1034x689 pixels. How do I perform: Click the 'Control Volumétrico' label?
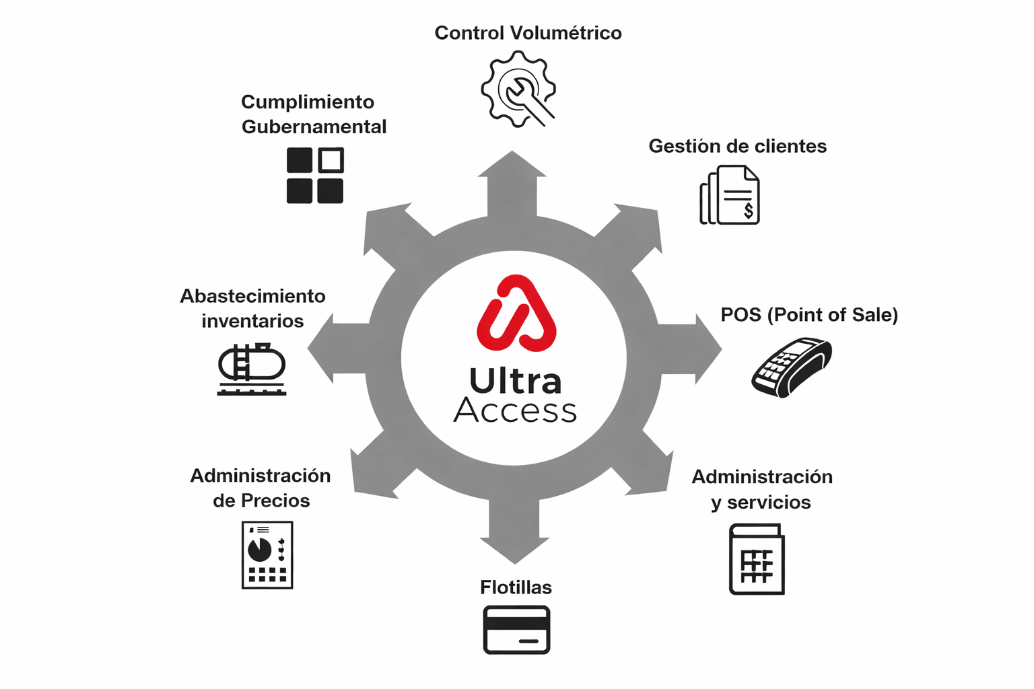pos(528,33)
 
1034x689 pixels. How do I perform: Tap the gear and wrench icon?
pos(518,89)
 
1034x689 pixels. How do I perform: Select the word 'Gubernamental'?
pos(314,126)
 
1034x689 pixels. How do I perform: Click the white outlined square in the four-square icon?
pos(331,160)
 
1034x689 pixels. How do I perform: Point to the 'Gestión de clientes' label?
pos(738,146)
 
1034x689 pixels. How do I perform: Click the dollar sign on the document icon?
pos(749,211)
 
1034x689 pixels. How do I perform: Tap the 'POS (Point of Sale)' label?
pos(809,315)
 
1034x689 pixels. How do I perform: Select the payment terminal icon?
pos(792,368)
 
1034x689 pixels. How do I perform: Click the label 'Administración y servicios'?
pos(762,489)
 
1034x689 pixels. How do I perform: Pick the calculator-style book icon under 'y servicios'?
pos(757,559)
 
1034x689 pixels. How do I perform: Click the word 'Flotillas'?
pos(516,587)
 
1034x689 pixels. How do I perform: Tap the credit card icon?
pos(516,630)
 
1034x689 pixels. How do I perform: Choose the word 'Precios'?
pos(275,501)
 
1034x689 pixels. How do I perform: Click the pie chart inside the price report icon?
pos(259,549)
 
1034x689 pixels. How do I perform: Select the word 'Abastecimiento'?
pos(252,296)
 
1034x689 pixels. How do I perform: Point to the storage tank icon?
pos(252,369)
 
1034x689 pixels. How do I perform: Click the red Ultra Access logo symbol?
pos(516,313)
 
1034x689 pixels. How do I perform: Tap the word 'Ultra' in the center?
pos(515,381)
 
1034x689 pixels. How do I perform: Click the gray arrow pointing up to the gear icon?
pos(512,184)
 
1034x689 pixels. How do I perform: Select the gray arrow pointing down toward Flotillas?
pos(515,531)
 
